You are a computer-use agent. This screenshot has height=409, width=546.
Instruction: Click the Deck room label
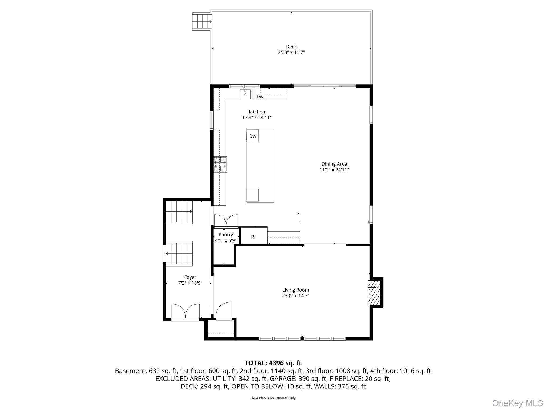tap(291, 47)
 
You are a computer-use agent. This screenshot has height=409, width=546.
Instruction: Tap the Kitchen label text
tap(257, 112)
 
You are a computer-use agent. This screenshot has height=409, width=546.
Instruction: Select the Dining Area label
tap(334, 164)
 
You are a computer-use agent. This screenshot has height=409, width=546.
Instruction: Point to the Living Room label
tap(296, 290)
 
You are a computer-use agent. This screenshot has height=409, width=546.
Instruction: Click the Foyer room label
tap(190, 277)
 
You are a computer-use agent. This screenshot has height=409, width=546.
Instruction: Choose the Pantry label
tap(226, 235)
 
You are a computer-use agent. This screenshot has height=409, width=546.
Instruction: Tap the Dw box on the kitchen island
tap(252, 136)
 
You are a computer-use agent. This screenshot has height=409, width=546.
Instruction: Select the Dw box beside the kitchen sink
tap(260, 96)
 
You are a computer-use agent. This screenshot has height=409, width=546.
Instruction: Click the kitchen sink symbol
tap(245, 94)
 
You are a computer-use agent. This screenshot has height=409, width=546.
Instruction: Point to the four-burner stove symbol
tap(220, 164)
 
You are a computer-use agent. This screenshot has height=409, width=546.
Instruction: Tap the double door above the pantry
tap(226, 221)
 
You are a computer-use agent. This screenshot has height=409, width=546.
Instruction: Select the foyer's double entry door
tap(185, 311)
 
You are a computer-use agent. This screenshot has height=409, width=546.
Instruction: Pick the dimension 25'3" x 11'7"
tap(291, 52)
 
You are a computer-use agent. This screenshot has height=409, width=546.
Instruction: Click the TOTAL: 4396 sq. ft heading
tap(273, 363)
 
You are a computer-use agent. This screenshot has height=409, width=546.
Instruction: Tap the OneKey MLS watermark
tap(517, 403)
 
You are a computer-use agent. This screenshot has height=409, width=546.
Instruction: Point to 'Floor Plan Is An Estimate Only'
tap(273, 398)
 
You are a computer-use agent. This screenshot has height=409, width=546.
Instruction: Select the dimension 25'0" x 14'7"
tap(296, 296)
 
